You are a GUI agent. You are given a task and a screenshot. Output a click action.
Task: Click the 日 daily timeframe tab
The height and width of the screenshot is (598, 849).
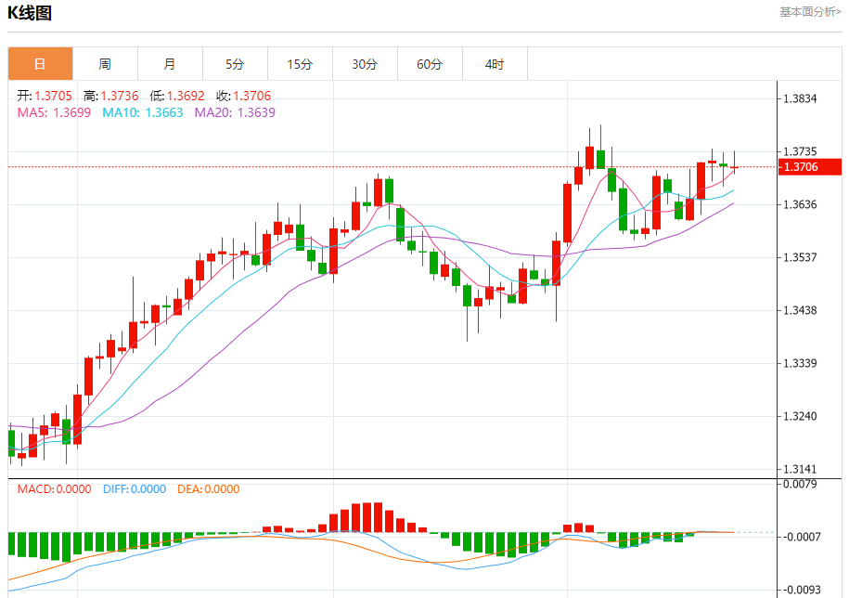(x=40, y=64)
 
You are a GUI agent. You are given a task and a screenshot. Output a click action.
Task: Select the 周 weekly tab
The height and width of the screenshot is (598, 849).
(x=105, y=64)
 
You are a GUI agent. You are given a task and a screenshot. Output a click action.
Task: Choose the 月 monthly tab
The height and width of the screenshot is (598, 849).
(x=170, y=64)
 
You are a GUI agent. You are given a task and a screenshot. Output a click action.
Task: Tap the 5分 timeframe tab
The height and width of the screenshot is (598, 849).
(x=235, y=64)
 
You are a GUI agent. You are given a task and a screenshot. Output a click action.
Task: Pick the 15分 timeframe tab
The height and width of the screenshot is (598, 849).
(x=300, y=64)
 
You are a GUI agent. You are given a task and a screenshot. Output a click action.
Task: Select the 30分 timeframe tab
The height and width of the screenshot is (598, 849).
(x=365, y=64)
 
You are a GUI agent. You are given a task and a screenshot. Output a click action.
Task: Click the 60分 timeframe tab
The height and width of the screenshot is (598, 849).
(x=430, y=64)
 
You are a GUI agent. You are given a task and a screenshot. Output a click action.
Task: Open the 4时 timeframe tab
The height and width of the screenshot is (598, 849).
(x=495, y=64)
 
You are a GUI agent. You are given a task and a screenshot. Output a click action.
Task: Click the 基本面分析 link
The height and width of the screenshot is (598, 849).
(x=810, y=12)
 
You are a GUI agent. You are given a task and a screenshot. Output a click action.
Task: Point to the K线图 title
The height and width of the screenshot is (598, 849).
(x=30, y=13)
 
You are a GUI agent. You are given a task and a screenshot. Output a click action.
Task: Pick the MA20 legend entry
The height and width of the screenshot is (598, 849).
(x=234, y=112)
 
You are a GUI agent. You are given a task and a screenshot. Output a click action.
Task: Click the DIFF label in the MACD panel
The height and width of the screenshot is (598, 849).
(x=134, y=489)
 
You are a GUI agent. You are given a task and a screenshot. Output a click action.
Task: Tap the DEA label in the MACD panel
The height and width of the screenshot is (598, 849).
(x=208, y=489)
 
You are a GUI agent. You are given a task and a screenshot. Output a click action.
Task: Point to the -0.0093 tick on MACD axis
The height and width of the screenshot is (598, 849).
(x=804, y=590)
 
